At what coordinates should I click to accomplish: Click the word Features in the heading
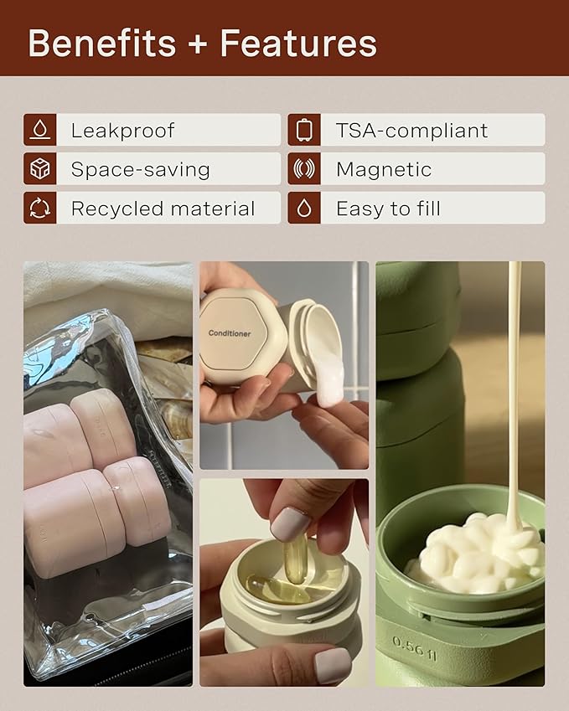point(298,44)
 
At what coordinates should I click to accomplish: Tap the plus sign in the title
point(199,44)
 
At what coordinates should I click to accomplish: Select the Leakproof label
point(122,131)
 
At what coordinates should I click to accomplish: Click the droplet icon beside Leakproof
point(39,130)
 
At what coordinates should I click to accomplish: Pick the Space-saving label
point(140,169)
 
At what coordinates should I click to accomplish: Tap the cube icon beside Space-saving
point(39,169)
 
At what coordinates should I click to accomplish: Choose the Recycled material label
point(163,209)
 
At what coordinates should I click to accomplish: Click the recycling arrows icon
point(39,209)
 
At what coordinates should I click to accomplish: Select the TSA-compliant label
point(411,131)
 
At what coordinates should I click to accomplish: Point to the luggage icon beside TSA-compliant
point(304,130)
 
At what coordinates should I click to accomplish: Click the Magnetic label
point(384,169)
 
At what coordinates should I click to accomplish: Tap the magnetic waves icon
point(304,169)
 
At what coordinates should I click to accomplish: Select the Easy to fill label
point(388,209)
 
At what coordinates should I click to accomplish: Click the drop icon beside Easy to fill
point(304,209)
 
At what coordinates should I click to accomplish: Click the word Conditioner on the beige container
point(229,333)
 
